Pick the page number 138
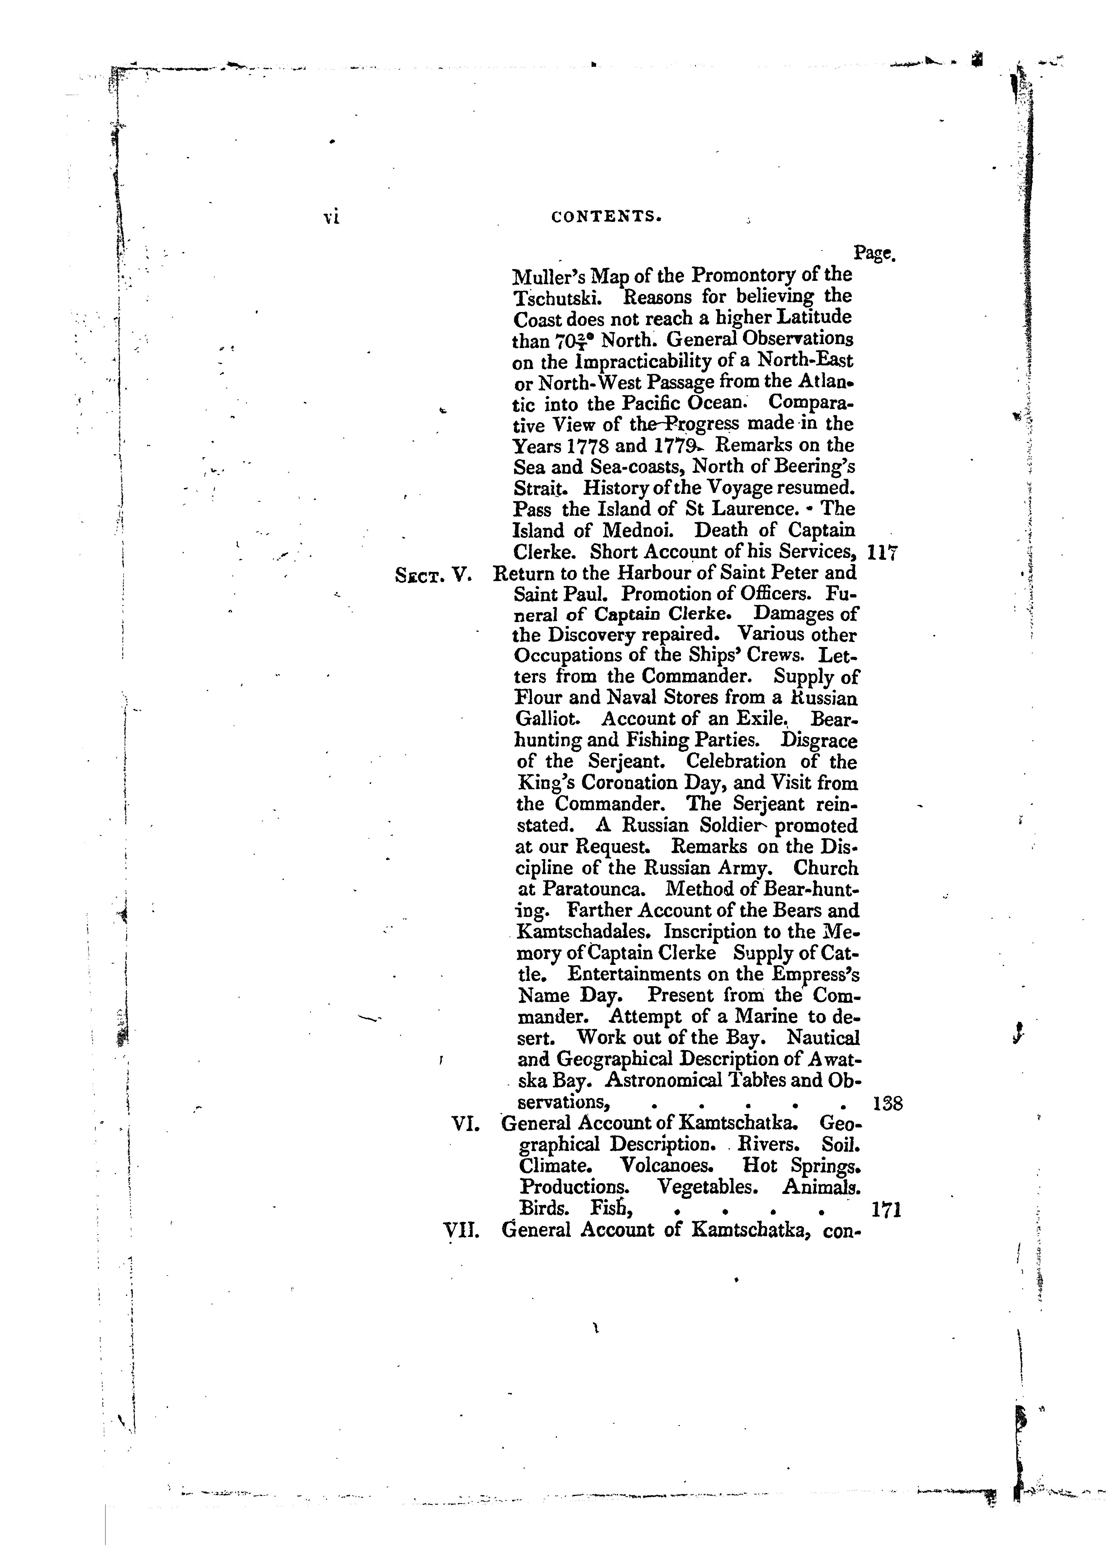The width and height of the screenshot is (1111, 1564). [888, 1103]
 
